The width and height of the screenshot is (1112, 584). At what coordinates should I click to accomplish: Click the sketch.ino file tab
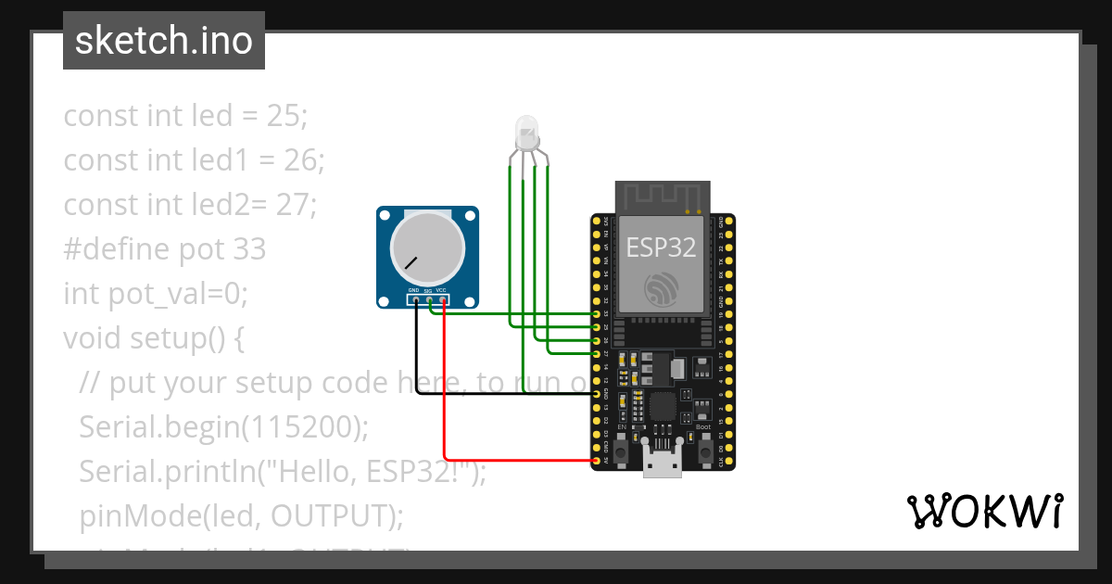pos(164,41)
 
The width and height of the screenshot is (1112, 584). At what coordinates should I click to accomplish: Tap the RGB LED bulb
pos(526,133)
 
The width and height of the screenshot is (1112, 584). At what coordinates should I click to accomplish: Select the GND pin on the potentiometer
pos(416,299)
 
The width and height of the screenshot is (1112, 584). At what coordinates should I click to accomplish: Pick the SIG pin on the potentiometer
pos(430,299)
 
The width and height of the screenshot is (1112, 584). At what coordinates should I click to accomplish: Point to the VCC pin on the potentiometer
pos(444,299)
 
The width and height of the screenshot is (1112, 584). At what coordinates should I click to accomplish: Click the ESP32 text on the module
pos(661,247)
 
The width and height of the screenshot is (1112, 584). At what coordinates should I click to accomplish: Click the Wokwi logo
pos(984,511)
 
